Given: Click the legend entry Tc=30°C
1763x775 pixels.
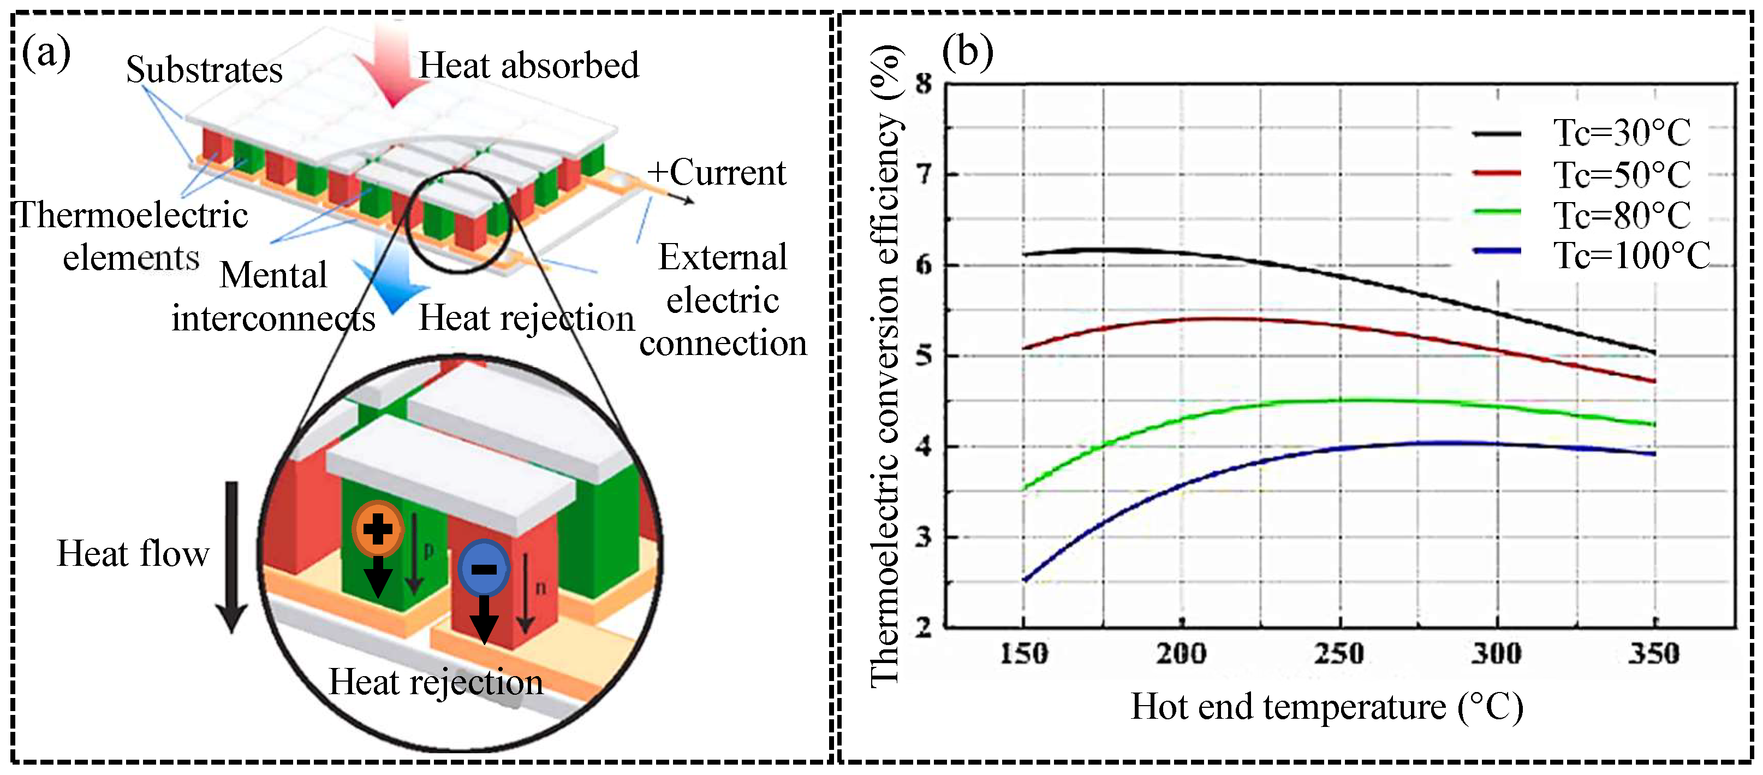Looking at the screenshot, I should [1621, 133].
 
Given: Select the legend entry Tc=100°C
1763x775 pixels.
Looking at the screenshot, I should [1631, 256].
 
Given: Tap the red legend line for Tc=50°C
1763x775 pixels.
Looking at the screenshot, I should [1497, 173].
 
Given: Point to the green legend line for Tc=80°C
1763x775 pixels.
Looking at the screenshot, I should [1497, 212].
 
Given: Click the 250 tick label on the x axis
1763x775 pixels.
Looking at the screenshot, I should [1339, 654].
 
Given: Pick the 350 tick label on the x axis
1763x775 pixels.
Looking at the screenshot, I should [1653, 654].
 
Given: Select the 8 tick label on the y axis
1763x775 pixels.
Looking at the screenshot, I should [924, 84].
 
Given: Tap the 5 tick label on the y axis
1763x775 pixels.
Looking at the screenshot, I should [924, 356].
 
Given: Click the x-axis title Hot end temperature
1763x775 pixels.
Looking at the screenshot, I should [1326, 707].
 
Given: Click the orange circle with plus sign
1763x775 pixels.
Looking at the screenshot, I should [377, 529].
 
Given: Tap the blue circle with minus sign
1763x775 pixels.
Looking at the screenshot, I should [484, 568].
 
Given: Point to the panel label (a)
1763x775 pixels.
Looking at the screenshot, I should [46, 54].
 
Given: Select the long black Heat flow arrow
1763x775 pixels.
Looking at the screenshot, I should [232, 554].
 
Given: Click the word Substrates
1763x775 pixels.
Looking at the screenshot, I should [204, 70].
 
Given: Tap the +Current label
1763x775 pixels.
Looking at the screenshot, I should [716, 173].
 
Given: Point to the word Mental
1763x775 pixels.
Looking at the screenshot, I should [273, 275].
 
